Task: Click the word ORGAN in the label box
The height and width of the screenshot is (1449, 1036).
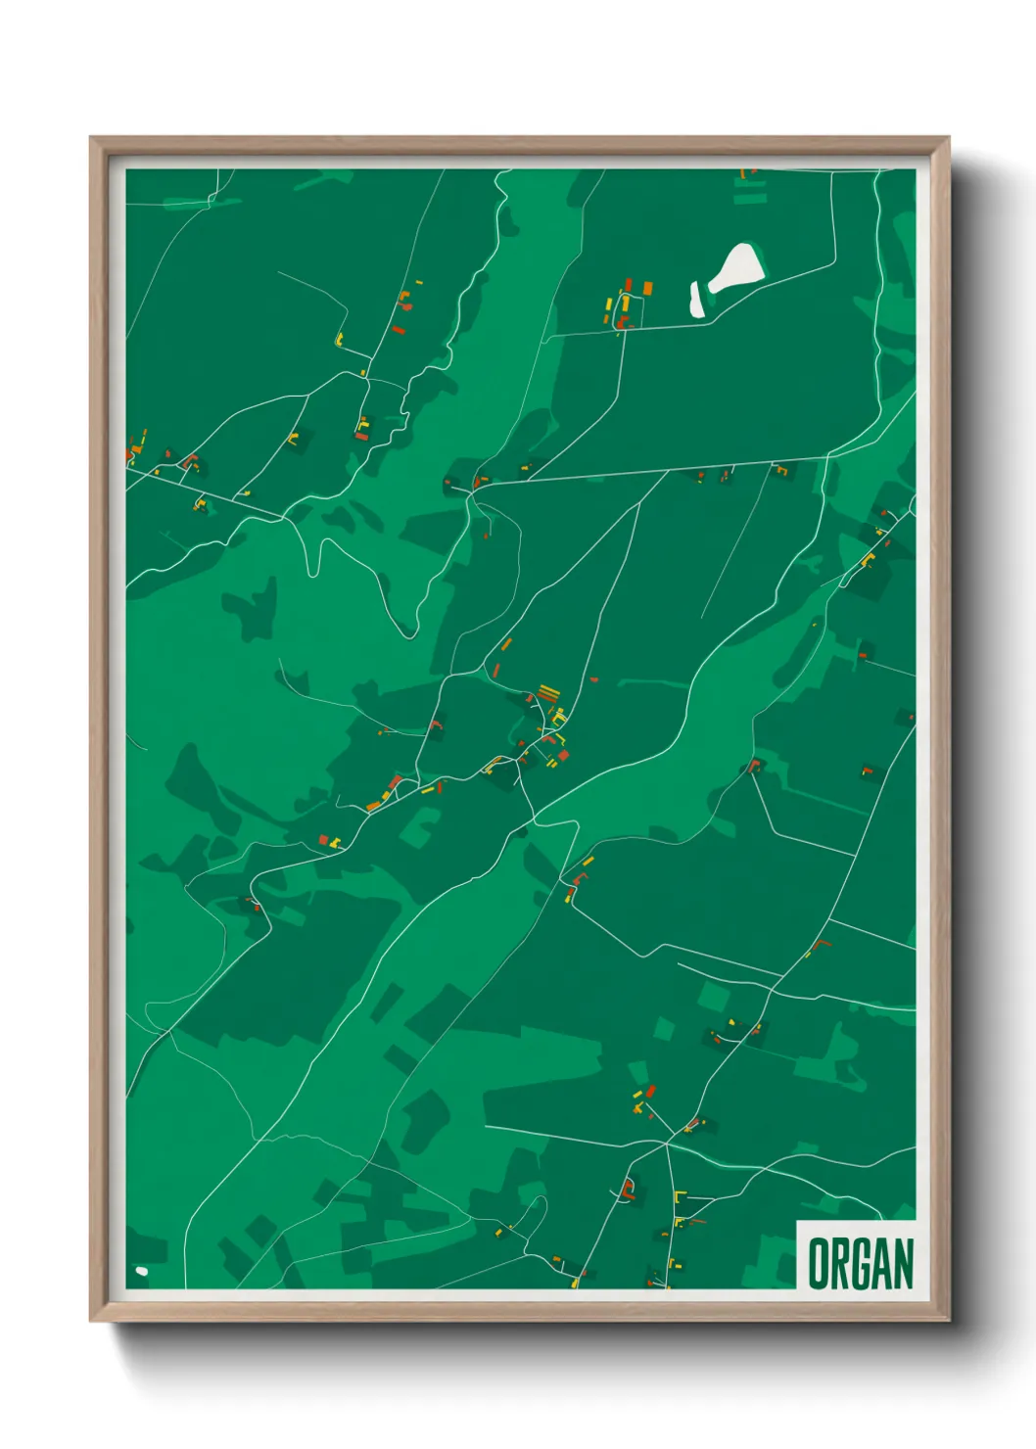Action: pyautogui.click(x=860, y=1263)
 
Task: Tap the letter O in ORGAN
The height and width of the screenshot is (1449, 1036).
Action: pyautogui.click(x=818, y=1263)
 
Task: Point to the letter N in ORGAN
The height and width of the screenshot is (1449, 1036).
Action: pyautogui.click(x=903, y=1263)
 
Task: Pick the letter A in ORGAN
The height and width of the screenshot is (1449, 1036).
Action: pyautogui.click(x=881, y=1263)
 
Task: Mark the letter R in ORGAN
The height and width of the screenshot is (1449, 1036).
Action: pyautogui.click(x=838, y=1263)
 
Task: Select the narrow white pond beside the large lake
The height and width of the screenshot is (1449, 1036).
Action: pyautogui.click(x=697, y=300)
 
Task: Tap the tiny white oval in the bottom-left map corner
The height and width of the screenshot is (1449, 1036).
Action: pyautogui.click(x=141, y=1271)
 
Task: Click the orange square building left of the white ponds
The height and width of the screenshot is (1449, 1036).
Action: pyautogui.click(x=647, y=288)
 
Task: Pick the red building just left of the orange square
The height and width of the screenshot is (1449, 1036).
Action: pyautogui.click(x=628, y=286)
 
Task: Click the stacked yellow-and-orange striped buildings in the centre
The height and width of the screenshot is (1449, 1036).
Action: pyautogui.click(x=547, y=693)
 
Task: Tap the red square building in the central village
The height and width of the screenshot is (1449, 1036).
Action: pyautogui.click(x=562, y=755)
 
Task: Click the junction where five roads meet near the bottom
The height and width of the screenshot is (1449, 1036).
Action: pyautogui.click(x=666, y=1143)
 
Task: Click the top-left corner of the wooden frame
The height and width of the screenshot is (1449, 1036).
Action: pyautogui.click(x=90, y=137)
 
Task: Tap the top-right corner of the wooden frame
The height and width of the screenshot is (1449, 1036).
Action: pyautogui.click(x=949, y=137)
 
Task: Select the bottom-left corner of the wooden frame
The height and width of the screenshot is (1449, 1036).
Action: pyautogui.click(x=90, y=1321)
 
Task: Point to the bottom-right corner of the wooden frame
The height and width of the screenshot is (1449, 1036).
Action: pyautogui.click(x=949, y=1321)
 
